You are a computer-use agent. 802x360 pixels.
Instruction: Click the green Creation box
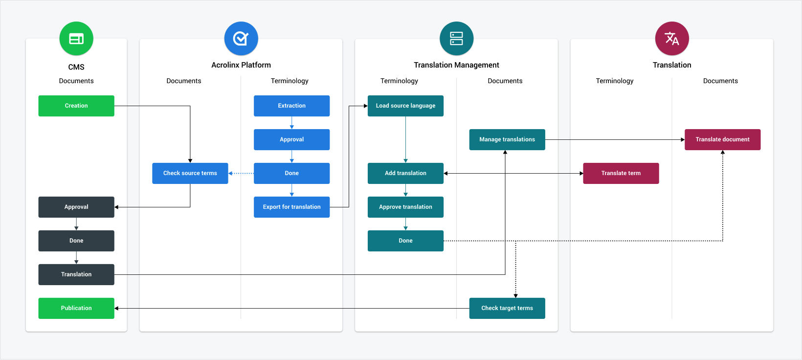coord(76,106)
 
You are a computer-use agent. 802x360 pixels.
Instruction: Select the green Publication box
coord(76,308)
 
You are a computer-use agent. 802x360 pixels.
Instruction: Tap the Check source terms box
coord(190,173)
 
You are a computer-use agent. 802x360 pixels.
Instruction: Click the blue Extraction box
coord(291,106)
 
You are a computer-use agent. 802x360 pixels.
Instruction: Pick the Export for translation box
coord(291,207)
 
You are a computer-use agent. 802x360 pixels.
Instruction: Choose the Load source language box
coord(405,106)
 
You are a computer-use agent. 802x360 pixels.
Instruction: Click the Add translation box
coord(405,173)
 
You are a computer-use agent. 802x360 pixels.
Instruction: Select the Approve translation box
coord(405,207)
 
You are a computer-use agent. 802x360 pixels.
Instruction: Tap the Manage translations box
coord(507,139)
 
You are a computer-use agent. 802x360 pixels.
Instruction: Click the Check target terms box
coord(507,308)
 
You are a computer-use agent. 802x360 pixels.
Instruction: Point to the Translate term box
coord(621,173)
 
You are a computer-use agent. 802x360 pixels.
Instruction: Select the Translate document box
coord(722,139)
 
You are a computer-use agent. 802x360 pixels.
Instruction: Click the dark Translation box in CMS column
coord(76,274)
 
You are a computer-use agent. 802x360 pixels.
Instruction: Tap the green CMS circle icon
coord(76,39)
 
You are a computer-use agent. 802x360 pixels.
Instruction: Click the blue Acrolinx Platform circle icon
coord(241,39)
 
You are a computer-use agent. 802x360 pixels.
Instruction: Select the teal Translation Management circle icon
coord(456,39)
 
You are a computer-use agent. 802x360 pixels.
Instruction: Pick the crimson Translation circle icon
coord(672,39)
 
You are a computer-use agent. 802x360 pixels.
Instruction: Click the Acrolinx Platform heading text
coord(241,65)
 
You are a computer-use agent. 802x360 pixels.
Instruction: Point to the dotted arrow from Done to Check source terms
coord(241,173)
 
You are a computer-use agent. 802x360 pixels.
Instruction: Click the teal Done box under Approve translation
coord(405,241)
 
